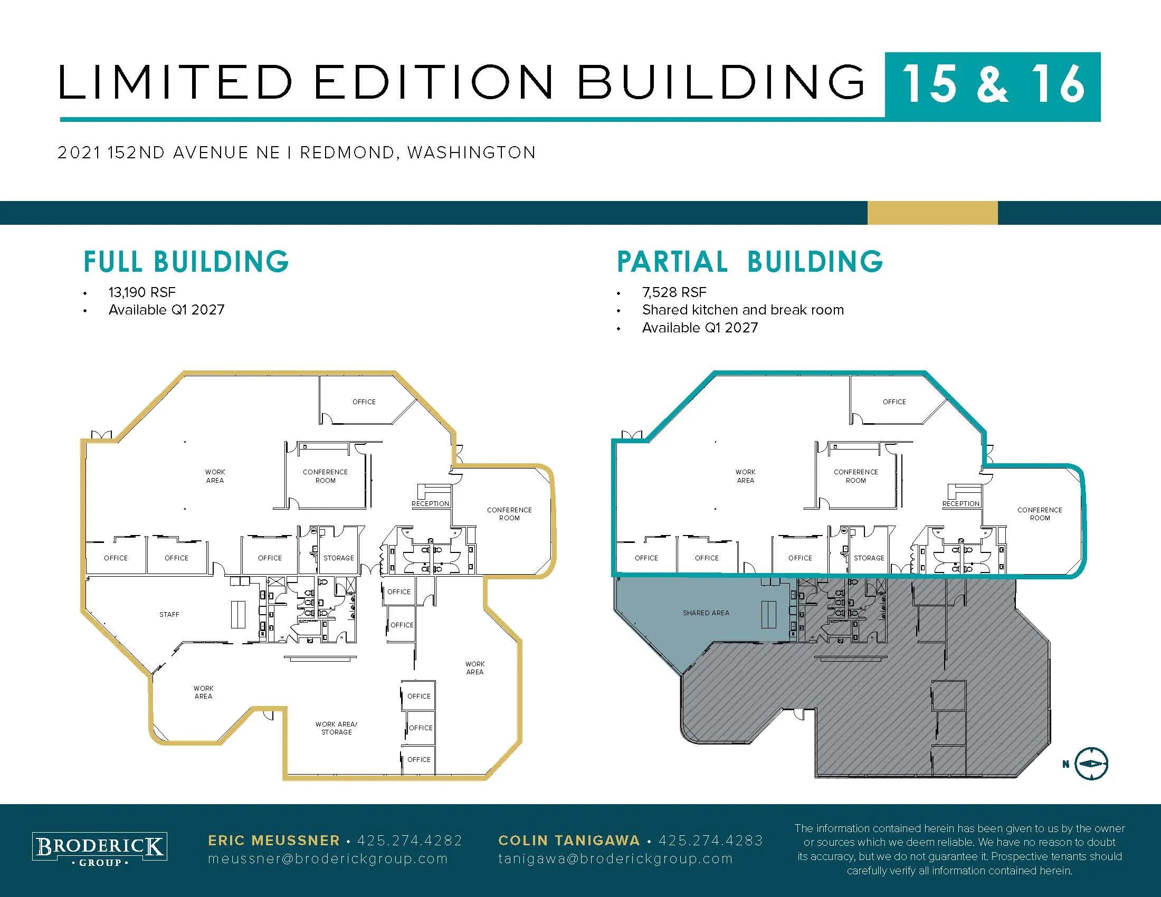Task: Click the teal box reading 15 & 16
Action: [993, 87]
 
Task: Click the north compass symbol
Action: [1091, 764]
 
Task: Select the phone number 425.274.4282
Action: [410, 840]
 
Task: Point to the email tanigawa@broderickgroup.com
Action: [615, 858]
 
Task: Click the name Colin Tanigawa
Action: [569, 840]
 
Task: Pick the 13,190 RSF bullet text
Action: [142, 292]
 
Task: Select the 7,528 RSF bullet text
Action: [674, 292]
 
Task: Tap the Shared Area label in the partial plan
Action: [706, 613]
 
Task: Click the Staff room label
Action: [169, 614]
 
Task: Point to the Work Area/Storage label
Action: [337, 728]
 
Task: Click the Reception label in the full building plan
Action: [430, 504]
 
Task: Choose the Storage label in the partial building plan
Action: [869, 558]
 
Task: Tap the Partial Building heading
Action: [749, 261]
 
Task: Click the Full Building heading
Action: [186, 261]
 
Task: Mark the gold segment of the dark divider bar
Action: [932, 213]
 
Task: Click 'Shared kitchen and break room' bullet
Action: [743, 310]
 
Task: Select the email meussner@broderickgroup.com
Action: [328, 858]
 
